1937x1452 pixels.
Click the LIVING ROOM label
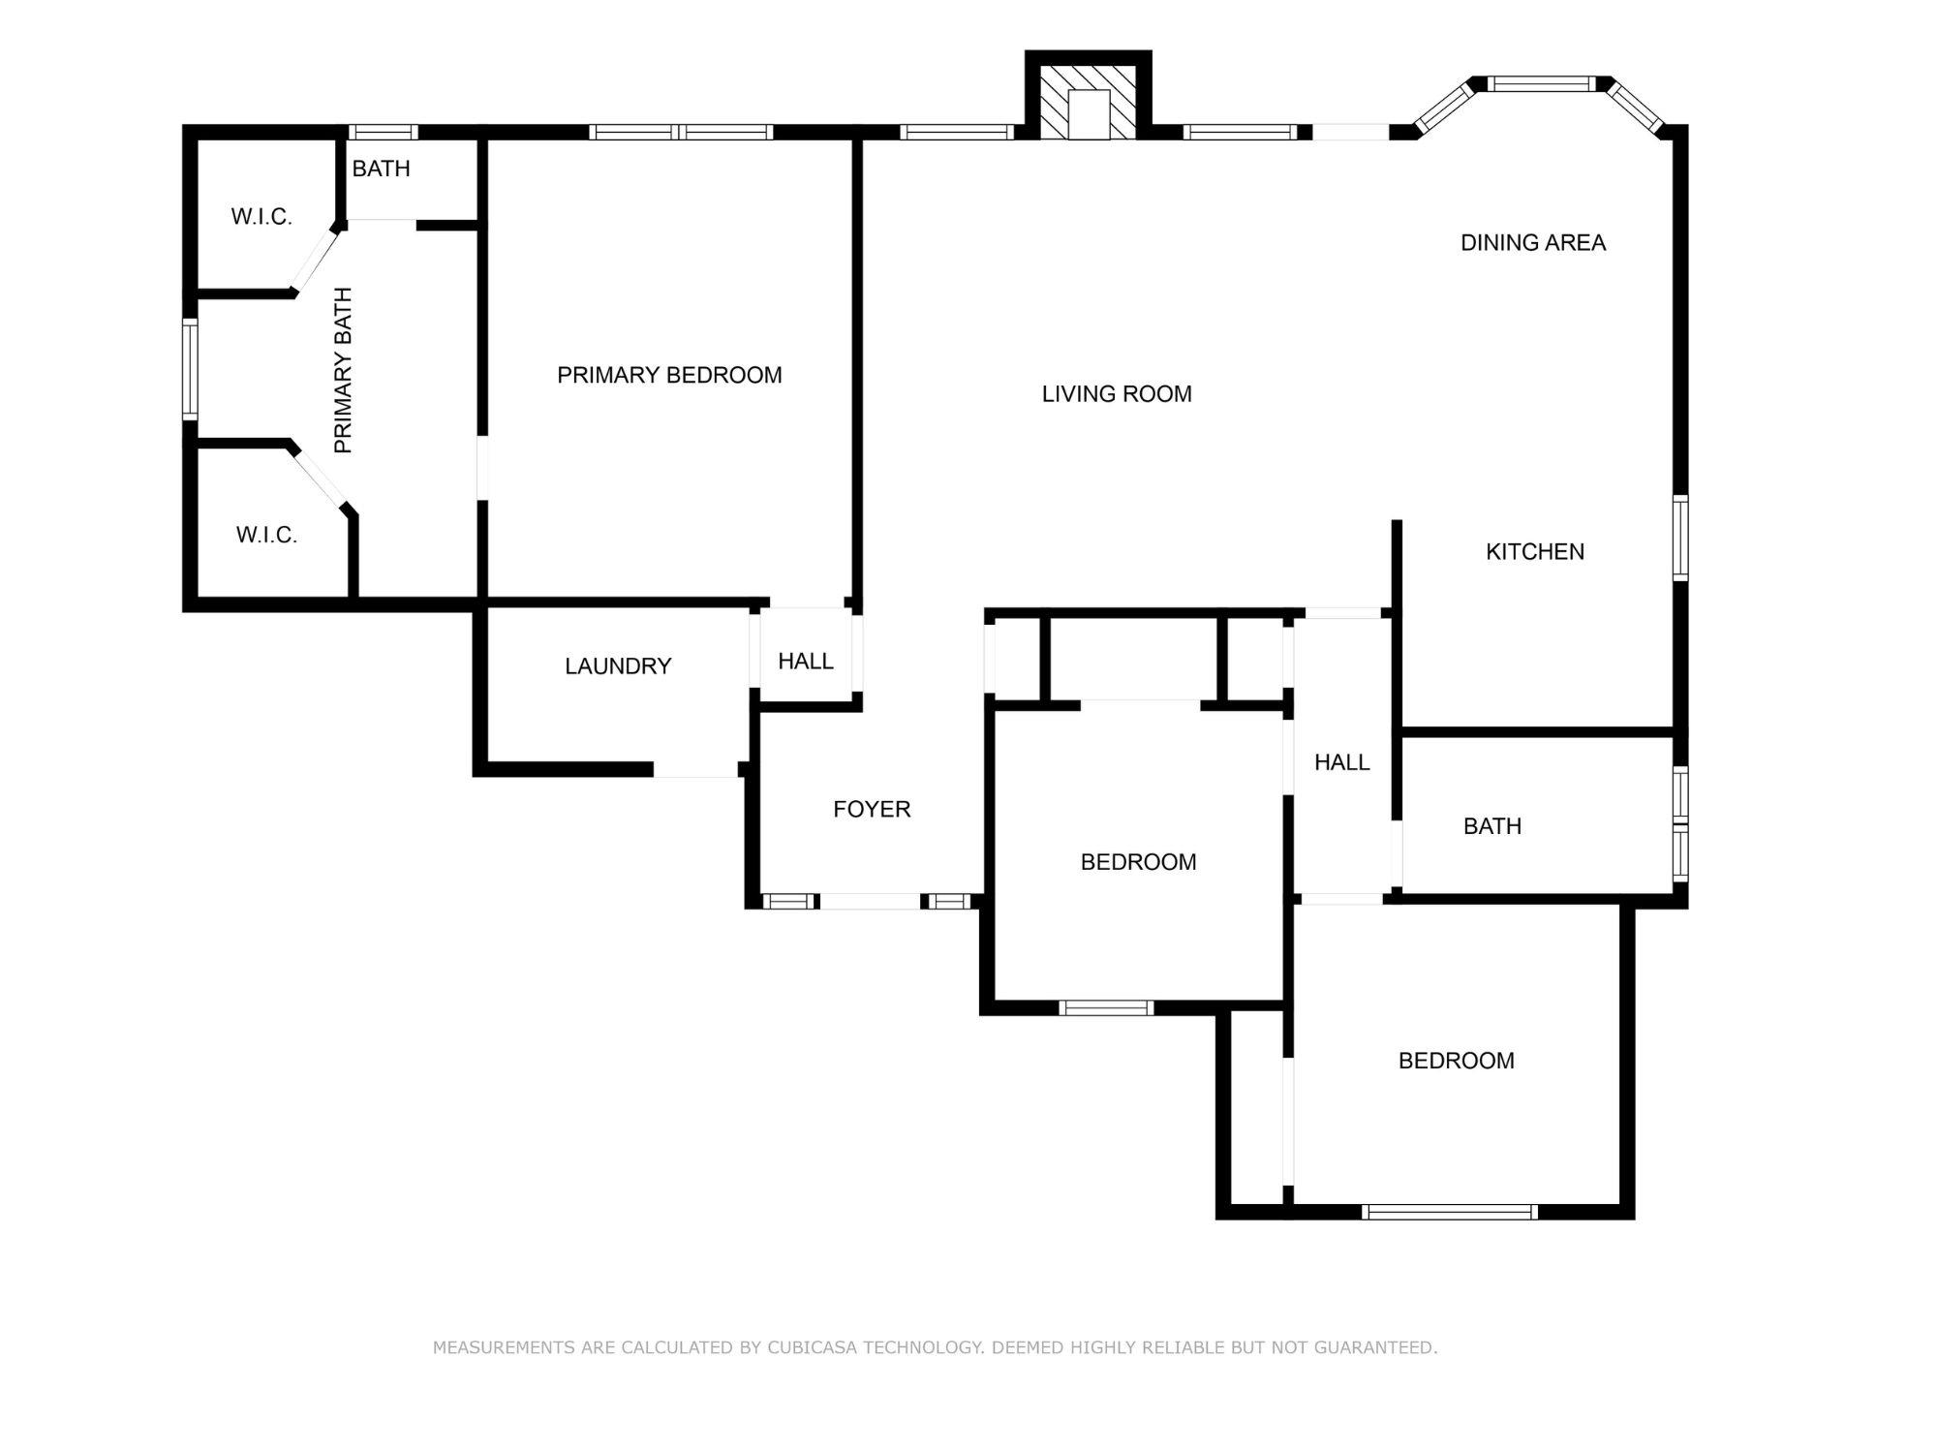pos(1117,394)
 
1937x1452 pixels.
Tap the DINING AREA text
pos(1532,243)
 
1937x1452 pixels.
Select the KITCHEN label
pos(1534,552)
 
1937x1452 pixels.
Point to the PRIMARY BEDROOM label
pos(669,376)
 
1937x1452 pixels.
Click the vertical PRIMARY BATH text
pos(343,370)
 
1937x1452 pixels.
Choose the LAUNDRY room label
pos(618,666)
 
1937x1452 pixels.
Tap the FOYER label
pos(872,810)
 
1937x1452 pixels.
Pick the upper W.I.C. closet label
pos(261,217)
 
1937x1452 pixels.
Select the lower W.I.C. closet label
pos(266,536)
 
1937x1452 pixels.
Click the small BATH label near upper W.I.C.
pos(381,170)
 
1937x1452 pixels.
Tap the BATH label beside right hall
pos(1491,827)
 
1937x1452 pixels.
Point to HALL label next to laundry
pos(805,662)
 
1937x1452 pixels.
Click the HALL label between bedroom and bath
pos(1341,763)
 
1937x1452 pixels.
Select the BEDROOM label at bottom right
pos(1456,1061)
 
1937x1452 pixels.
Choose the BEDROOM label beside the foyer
pos(1138,862)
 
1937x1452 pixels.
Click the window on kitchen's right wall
pos(1680,539)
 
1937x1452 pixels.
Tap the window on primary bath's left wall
pos(191,370)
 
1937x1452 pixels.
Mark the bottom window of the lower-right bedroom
pos(1449,1212)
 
